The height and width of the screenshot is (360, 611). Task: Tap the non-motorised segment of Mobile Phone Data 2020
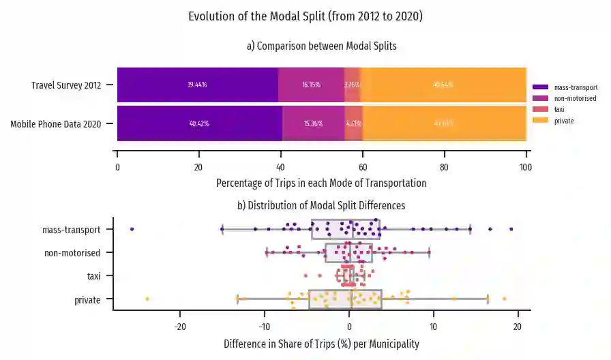[314, 123]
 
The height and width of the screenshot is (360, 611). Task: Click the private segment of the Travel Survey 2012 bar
[443, 85]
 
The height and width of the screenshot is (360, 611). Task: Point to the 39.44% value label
[197, 85]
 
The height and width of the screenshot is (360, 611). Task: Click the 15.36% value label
[313, 123]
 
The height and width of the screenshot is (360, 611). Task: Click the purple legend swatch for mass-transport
[540, 87]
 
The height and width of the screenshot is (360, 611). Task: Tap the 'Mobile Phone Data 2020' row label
[56, 124]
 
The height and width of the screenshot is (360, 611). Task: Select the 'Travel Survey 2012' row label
[66, 86]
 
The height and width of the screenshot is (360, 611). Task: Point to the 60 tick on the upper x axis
[363, 166]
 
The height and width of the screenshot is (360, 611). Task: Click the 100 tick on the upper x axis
[526, 166]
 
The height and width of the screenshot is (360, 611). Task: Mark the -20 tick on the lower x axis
[180, 325]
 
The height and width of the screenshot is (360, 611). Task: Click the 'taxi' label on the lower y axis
[94, 276]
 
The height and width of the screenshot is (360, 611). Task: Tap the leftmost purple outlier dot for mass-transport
[132, 229]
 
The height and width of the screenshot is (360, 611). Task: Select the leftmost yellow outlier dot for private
[147, 299]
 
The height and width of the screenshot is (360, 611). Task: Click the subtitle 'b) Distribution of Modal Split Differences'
[321, 205]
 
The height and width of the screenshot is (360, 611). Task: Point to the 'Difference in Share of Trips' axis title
[321, 344]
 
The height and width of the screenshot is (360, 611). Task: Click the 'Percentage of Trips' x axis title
[321, 183]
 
